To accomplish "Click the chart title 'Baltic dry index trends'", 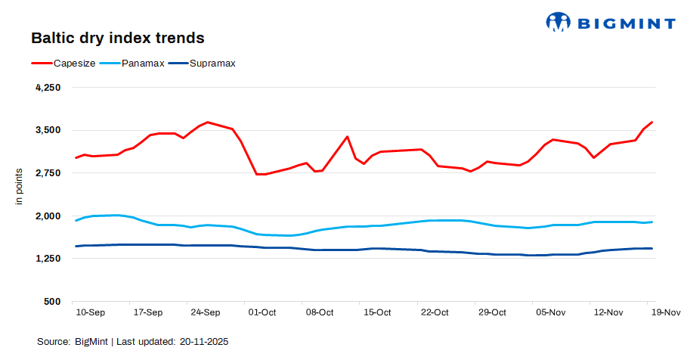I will click(x=117, y=37).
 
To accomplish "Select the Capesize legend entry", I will click(x=63, y=64).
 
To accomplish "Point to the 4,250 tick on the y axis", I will click(x=48, y=88).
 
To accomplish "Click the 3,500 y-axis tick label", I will click(x=48, y=130).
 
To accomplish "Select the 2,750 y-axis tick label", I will click(x=48, y=173).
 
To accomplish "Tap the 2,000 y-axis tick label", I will click(x=48, y=216).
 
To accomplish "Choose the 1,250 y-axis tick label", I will click(x=48, y=259).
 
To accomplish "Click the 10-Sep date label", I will click(x=90, y=312).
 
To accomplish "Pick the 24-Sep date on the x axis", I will click(x=205, y=312).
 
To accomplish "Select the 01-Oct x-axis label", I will click(x=262, y=312).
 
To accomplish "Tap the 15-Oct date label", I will click(x=377, y=312).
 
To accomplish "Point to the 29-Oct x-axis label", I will click(x=492, y=312).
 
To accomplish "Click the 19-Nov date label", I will click(x=665, y=312).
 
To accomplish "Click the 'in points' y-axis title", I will click(x=20, y=187).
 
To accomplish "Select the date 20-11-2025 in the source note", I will click(x=204, y=342).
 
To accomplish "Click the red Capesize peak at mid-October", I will click(x=347, y=137).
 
